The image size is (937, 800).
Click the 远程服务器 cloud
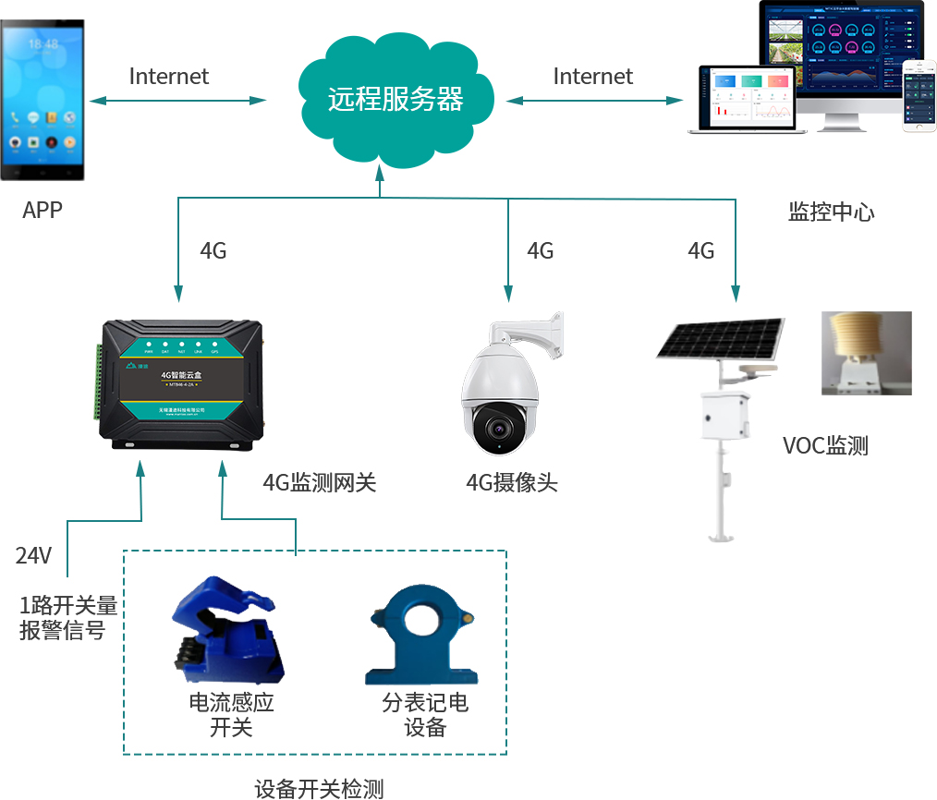click(x=395, y=99)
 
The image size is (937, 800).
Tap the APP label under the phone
click(x=43, y=211)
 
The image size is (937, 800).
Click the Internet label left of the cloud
click(x=169, y=77)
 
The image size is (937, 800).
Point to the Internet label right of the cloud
click(x=593, y=77)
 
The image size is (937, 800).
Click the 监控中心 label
click(x=831, y=212)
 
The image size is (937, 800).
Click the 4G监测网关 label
click(x=320, y=482)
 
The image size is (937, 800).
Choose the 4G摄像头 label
click(x=512, y=482)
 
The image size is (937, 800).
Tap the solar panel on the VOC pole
click(x=722, y=338)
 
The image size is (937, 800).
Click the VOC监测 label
click(x=825, y=447)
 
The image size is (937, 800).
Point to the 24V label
click(x=33, y=556)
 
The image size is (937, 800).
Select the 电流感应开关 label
click(x=231, y=715)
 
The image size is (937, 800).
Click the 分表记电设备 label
click(x=425, y=715)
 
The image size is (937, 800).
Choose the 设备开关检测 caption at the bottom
click(x=319, y=789)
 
